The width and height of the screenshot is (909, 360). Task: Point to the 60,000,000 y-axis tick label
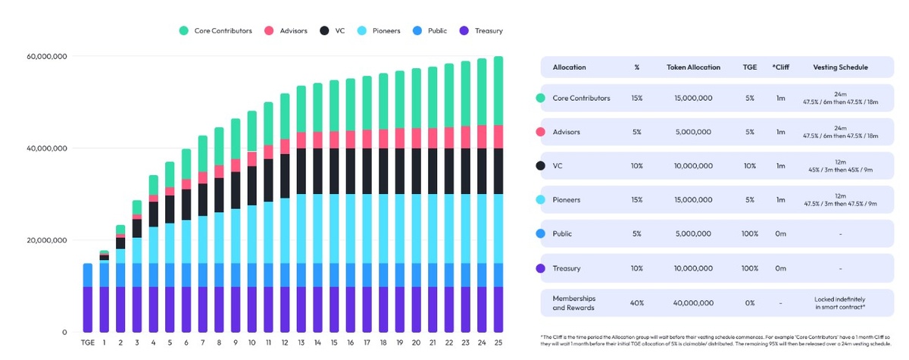point(47,56)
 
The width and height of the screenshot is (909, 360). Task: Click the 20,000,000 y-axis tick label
point(47,240)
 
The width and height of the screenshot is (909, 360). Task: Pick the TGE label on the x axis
point(87,343)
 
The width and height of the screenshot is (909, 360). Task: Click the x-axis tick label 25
point(498,343)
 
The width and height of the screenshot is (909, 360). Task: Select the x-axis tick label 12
point(284,343)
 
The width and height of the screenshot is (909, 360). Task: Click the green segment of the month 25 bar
point(498,91)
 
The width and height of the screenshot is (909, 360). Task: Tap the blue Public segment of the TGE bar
point(87,275)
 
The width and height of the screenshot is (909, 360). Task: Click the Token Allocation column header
point(690,67)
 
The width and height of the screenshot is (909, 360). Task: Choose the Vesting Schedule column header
point(840,67)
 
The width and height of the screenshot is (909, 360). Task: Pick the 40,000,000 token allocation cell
point(690,302)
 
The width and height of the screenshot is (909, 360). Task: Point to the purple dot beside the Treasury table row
point(540,268)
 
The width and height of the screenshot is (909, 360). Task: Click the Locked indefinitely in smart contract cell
point(840,302)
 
